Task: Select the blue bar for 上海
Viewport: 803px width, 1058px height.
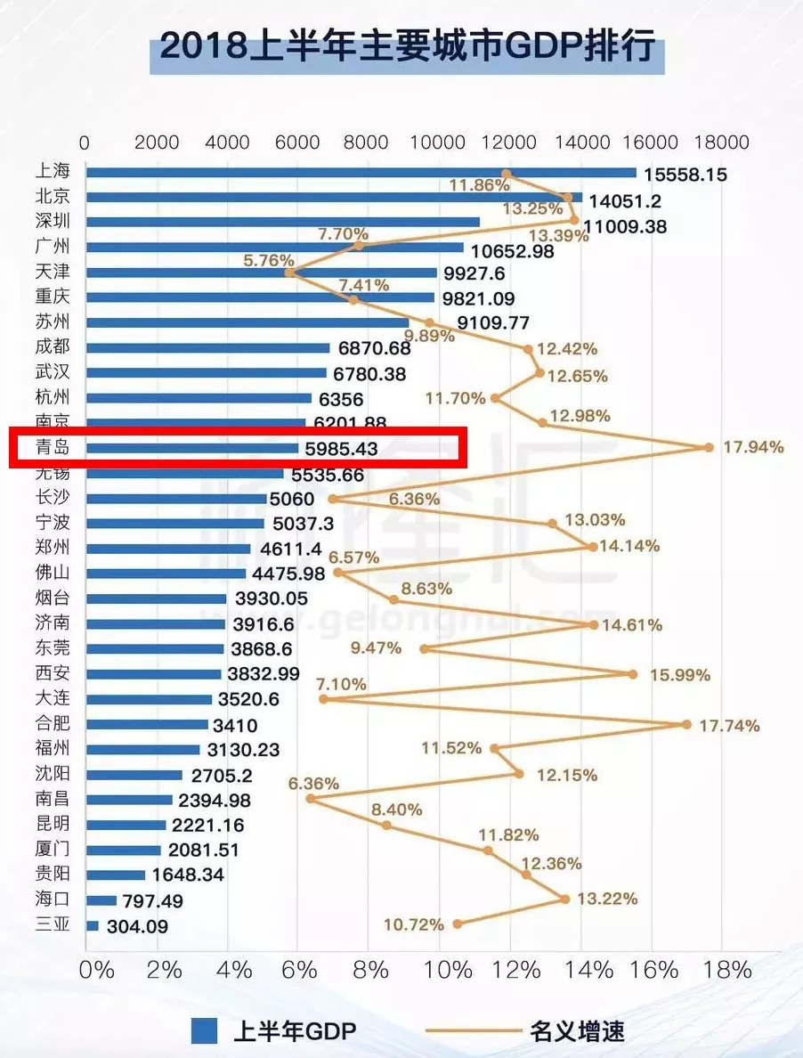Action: (361, 173)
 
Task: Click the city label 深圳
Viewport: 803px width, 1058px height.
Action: (52, 221)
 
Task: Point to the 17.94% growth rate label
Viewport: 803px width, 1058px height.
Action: (753, 447)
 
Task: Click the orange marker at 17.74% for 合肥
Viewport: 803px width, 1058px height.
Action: (686, 724)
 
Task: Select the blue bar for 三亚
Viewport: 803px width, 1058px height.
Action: (93, 925)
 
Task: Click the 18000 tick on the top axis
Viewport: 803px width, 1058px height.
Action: (721, 142)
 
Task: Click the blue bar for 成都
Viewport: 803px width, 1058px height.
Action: (207, 347)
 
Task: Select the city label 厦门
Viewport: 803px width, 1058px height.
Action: (52, 849)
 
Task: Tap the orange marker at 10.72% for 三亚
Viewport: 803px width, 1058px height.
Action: (458, 924)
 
